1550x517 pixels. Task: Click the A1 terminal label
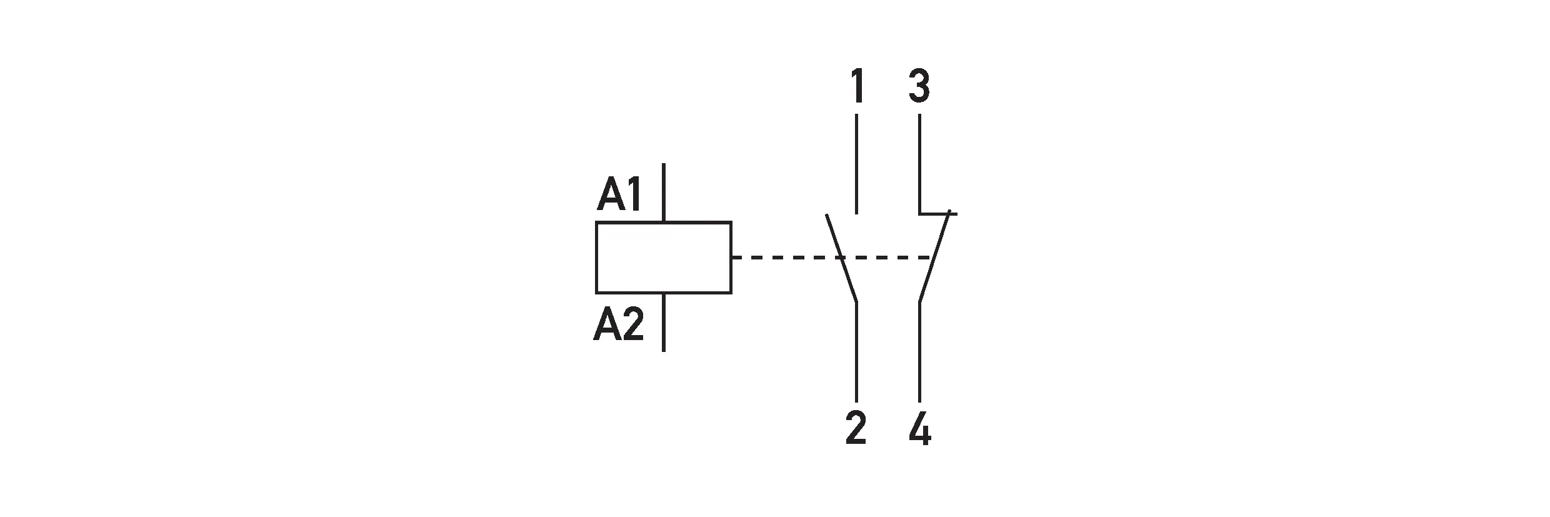point(620,194)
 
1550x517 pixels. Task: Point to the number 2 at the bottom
point(856,429)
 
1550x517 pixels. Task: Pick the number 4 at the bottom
point(920,429)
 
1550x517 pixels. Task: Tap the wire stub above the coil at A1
point(663,193)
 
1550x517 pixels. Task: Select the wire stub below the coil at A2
point(663,322)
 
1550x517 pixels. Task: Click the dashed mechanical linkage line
point(832,257)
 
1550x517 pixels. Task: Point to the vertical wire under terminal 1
point(856,163)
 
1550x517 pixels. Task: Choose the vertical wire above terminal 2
point(856,352)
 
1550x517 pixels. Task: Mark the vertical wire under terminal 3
point(919,163)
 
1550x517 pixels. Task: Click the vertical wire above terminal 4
point(919,352)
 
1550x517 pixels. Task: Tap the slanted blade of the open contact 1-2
point(841,259)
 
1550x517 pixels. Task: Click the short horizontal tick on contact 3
point(937,214)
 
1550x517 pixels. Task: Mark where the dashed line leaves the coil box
point(732,257)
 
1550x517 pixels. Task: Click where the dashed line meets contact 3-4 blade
point(934,257)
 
